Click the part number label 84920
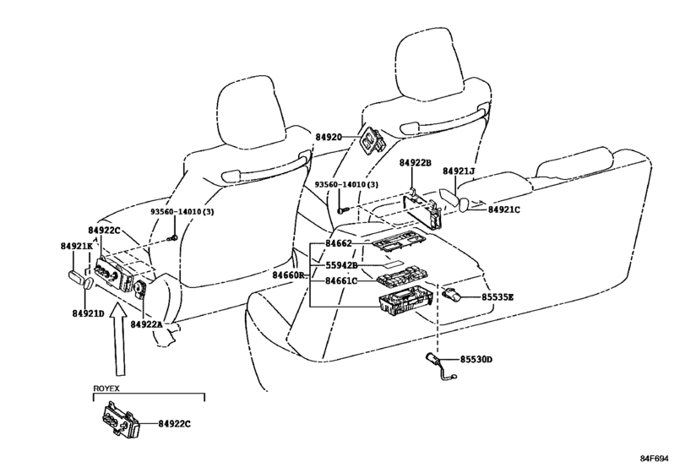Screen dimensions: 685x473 point(329,137)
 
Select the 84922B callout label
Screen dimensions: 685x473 point(416,163)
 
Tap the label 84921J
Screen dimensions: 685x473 point(459,171)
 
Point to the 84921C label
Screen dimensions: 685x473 point(504,209)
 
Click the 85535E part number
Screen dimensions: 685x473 point(497,297)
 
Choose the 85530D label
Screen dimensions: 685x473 point(476,360)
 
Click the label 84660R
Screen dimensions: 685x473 point(288,275)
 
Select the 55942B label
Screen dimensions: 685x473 point(341,265)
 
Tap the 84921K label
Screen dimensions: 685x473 point(77,247)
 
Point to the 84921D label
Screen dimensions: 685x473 point(88,313)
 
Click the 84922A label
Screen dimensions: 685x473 point(146,324)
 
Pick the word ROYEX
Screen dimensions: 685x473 point(106,389)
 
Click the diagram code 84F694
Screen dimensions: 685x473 point(655,459)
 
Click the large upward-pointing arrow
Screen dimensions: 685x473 point(118,339)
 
